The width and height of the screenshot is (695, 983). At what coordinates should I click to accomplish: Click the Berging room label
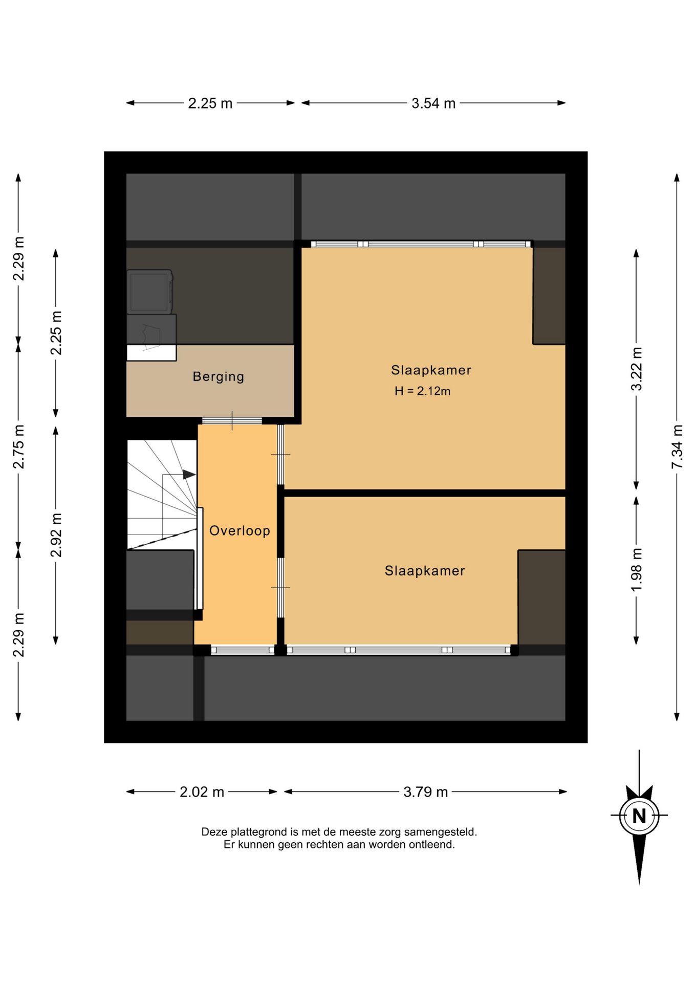click(219, 377)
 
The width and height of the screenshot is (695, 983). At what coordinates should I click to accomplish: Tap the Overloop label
click(240, 530)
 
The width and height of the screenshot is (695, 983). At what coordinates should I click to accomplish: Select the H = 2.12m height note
click(422, 391)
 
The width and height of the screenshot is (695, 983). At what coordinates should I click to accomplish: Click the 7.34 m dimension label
click(677, 446)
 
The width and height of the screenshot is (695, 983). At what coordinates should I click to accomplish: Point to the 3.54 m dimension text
click(433, 103)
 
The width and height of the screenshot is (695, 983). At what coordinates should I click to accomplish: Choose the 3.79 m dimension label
click(426, 792)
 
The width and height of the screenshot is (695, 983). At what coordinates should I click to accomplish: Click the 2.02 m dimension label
click(202, 792)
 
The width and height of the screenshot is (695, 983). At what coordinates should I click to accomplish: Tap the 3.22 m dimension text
click(636, 369)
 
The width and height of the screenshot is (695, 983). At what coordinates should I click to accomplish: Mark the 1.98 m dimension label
click(636, 569)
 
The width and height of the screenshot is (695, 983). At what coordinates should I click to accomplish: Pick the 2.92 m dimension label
click(56, 535)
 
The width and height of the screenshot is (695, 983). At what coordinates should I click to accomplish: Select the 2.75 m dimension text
click(18, 446)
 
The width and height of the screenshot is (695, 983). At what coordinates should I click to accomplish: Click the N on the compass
click(639, 816)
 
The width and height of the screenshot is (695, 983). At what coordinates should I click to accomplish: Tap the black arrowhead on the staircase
click(189, 475)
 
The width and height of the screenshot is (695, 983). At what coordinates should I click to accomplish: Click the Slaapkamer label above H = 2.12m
click(431, 370)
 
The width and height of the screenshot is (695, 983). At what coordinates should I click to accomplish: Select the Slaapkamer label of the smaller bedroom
click(425, 571)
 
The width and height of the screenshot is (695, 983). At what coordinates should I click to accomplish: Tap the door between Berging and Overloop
click(232, 421)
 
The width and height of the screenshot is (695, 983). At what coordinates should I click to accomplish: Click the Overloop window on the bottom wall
click(243, 650)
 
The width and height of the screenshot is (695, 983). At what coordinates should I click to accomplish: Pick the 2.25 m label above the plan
click(210, 103)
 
